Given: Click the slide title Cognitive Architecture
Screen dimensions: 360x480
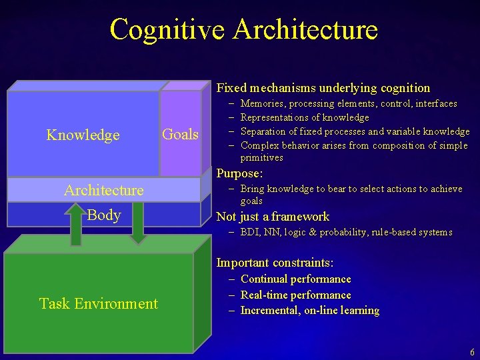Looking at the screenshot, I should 243,30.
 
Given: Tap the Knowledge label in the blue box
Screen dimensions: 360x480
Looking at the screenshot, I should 83,135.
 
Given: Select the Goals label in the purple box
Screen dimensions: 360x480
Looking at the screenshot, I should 180,135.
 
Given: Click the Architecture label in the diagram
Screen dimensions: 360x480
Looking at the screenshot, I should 103,191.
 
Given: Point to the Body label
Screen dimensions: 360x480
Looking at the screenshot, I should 103,215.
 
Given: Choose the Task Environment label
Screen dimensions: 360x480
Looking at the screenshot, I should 98,304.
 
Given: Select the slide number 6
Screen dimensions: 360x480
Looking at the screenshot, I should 472,352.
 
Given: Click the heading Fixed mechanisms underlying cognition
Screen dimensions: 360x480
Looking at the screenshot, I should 323,88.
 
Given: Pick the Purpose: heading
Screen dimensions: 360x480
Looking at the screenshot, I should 239,173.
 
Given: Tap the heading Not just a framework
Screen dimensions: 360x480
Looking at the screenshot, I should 273,217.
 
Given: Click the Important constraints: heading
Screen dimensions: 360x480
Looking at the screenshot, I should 275,263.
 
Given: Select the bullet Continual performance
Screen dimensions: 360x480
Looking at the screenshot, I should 295,279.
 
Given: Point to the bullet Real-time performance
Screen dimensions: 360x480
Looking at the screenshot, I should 295,295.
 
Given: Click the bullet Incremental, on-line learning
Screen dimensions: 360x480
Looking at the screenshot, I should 309,311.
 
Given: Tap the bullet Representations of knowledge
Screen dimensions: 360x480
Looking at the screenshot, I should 304,118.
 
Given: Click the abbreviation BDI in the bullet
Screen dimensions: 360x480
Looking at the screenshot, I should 250,233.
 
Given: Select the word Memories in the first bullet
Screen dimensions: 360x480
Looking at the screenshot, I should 261,104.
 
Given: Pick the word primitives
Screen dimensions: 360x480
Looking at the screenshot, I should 261,158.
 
